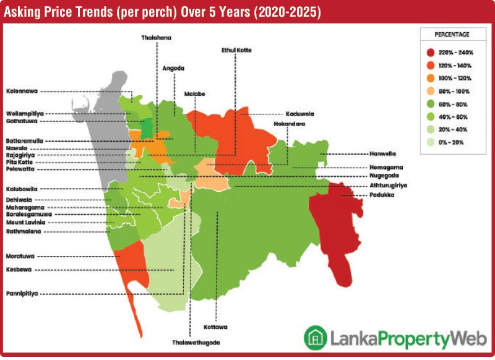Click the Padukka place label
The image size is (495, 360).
pyautogui.click(x=383, y=195)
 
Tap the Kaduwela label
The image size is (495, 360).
pyautogui.click(x=299, y=114)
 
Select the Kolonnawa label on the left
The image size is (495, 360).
pyautogui.click(x=22, y=91)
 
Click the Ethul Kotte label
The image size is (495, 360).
pyautogui.click(x=236, y=49)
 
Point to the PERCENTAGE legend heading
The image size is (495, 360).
pyautogui.click(x=452, y=34)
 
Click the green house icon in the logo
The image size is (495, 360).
pyautogui.click(x=316, y=336)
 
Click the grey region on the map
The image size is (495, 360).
pyautogui.click(x=99, y=136)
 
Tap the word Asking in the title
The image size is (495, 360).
pyautogui.click(x=25, y=12)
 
